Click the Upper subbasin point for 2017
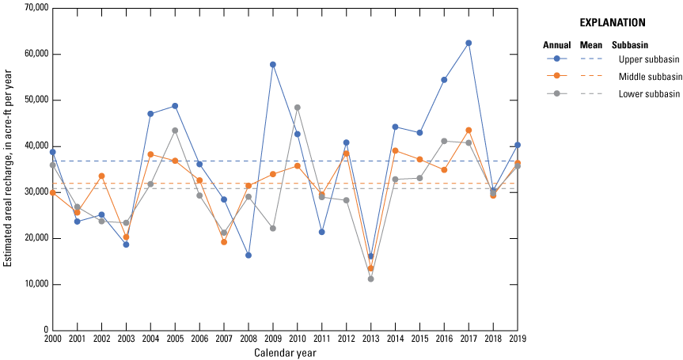click(x=469, y=43)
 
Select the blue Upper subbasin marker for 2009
click(x=273, y=64)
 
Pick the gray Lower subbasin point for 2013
click(x=370, y=279)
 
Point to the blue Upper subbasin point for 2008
click(x=249, y=255)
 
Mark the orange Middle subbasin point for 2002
click(x=101, y=176)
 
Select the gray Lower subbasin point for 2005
click(x=175, y=131)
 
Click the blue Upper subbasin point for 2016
click(x=444, y=79)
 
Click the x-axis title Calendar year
click(x=285, y=353)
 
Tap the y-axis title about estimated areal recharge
click(x=8, y=169)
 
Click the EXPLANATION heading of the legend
click(x=612, y=23)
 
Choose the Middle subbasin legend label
click(x=650, y=76)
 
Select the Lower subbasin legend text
click(x=650, y=93)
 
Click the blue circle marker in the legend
click(x=557, y=59)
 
